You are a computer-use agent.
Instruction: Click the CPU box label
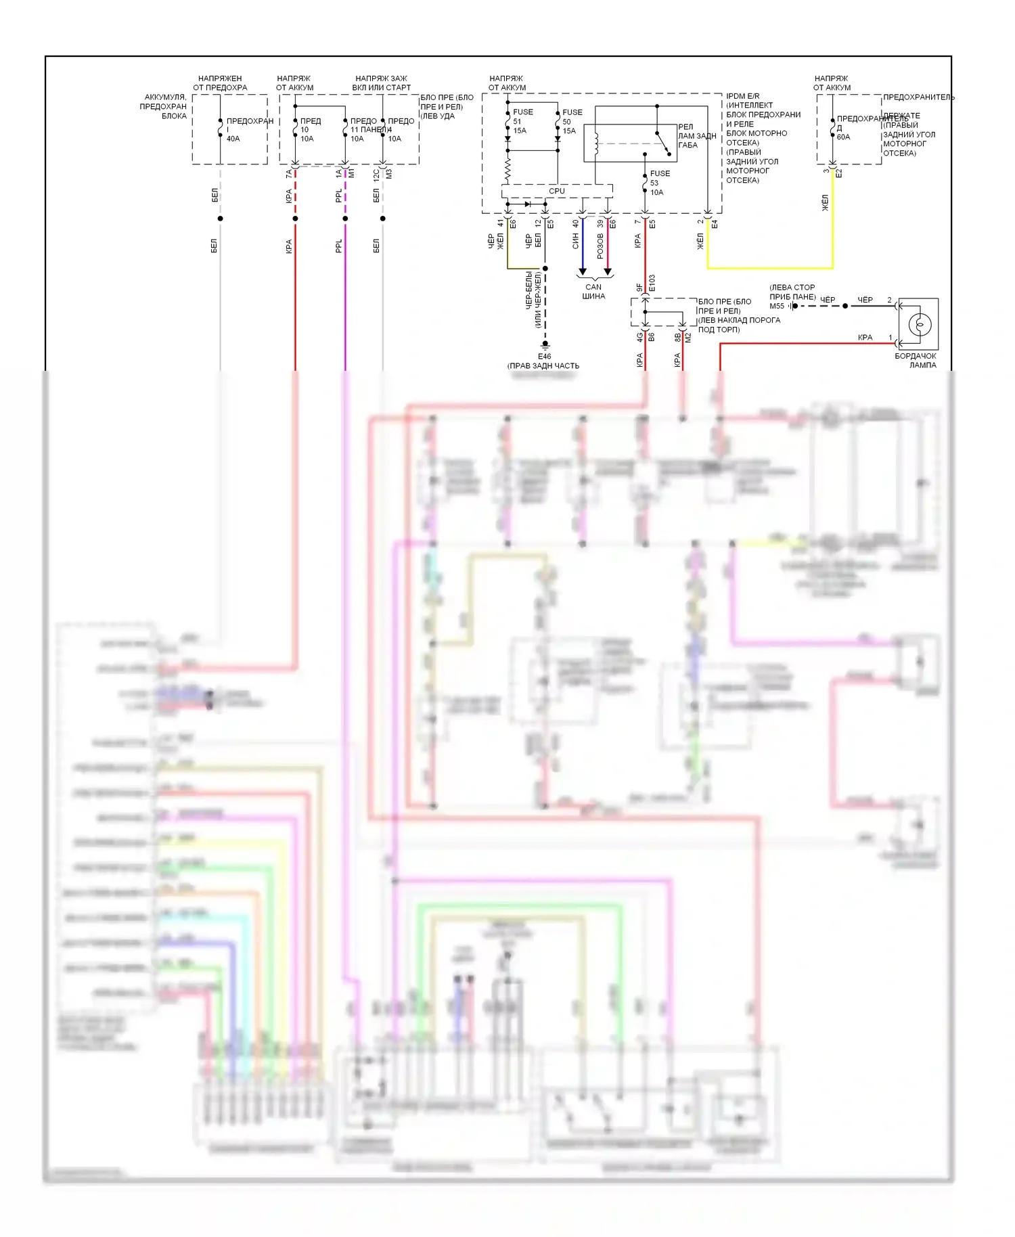[x=557, y=191]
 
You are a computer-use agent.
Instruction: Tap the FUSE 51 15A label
[x=522, y=121]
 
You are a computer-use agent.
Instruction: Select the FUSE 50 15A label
[x=572, y=121]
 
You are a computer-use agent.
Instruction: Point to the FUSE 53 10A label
[x=659, y=183]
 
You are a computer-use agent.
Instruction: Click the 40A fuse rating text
[x=233, y=139]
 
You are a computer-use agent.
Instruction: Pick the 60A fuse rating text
[x=843, y=137]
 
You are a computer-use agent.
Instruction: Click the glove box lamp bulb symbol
[x=919, y=324]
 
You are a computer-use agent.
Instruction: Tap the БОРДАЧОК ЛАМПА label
[x=916, y=360]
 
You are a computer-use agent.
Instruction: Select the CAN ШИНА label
[x=593, y=291]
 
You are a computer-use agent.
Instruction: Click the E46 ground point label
[x=544, y=356]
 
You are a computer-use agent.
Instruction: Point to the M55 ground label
[x=777, y=306]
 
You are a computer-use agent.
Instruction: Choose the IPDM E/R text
[x=742, y=96]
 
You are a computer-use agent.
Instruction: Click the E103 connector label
[x=652, y=283]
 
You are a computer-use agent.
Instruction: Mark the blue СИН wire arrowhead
[x=582, y=271]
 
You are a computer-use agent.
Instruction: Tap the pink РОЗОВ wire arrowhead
[x=608, y=271]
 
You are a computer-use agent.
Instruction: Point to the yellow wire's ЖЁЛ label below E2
[x=825, y=203]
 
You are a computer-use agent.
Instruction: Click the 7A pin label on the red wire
[x=289, y=174]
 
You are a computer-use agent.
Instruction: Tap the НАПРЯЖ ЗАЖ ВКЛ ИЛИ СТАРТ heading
[x=381, y=83]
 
